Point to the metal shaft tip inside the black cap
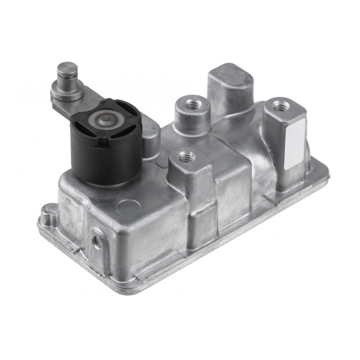click(106, 120)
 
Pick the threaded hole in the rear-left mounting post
click(193, 105)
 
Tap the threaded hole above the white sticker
click(281, 107)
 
